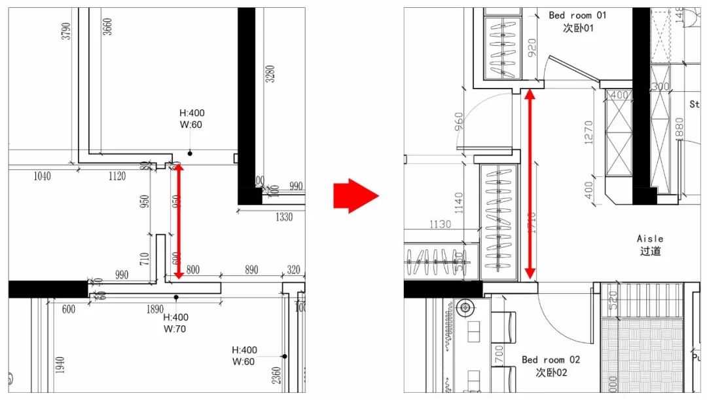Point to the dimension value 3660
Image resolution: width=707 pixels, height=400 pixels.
point(107,26)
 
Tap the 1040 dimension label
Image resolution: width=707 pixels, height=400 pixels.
point(41,176)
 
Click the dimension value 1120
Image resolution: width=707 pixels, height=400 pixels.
point(117,176)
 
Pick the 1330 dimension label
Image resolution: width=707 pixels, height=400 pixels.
point(284,217)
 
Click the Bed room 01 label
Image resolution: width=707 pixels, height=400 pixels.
point(578,15)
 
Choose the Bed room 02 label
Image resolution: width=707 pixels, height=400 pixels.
point(551,360)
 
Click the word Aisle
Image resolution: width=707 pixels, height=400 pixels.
point(649,239)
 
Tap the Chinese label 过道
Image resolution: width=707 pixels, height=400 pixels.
point(649,251)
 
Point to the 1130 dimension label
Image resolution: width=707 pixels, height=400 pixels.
point(440,224)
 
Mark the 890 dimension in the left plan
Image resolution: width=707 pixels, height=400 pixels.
point(251,270)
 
